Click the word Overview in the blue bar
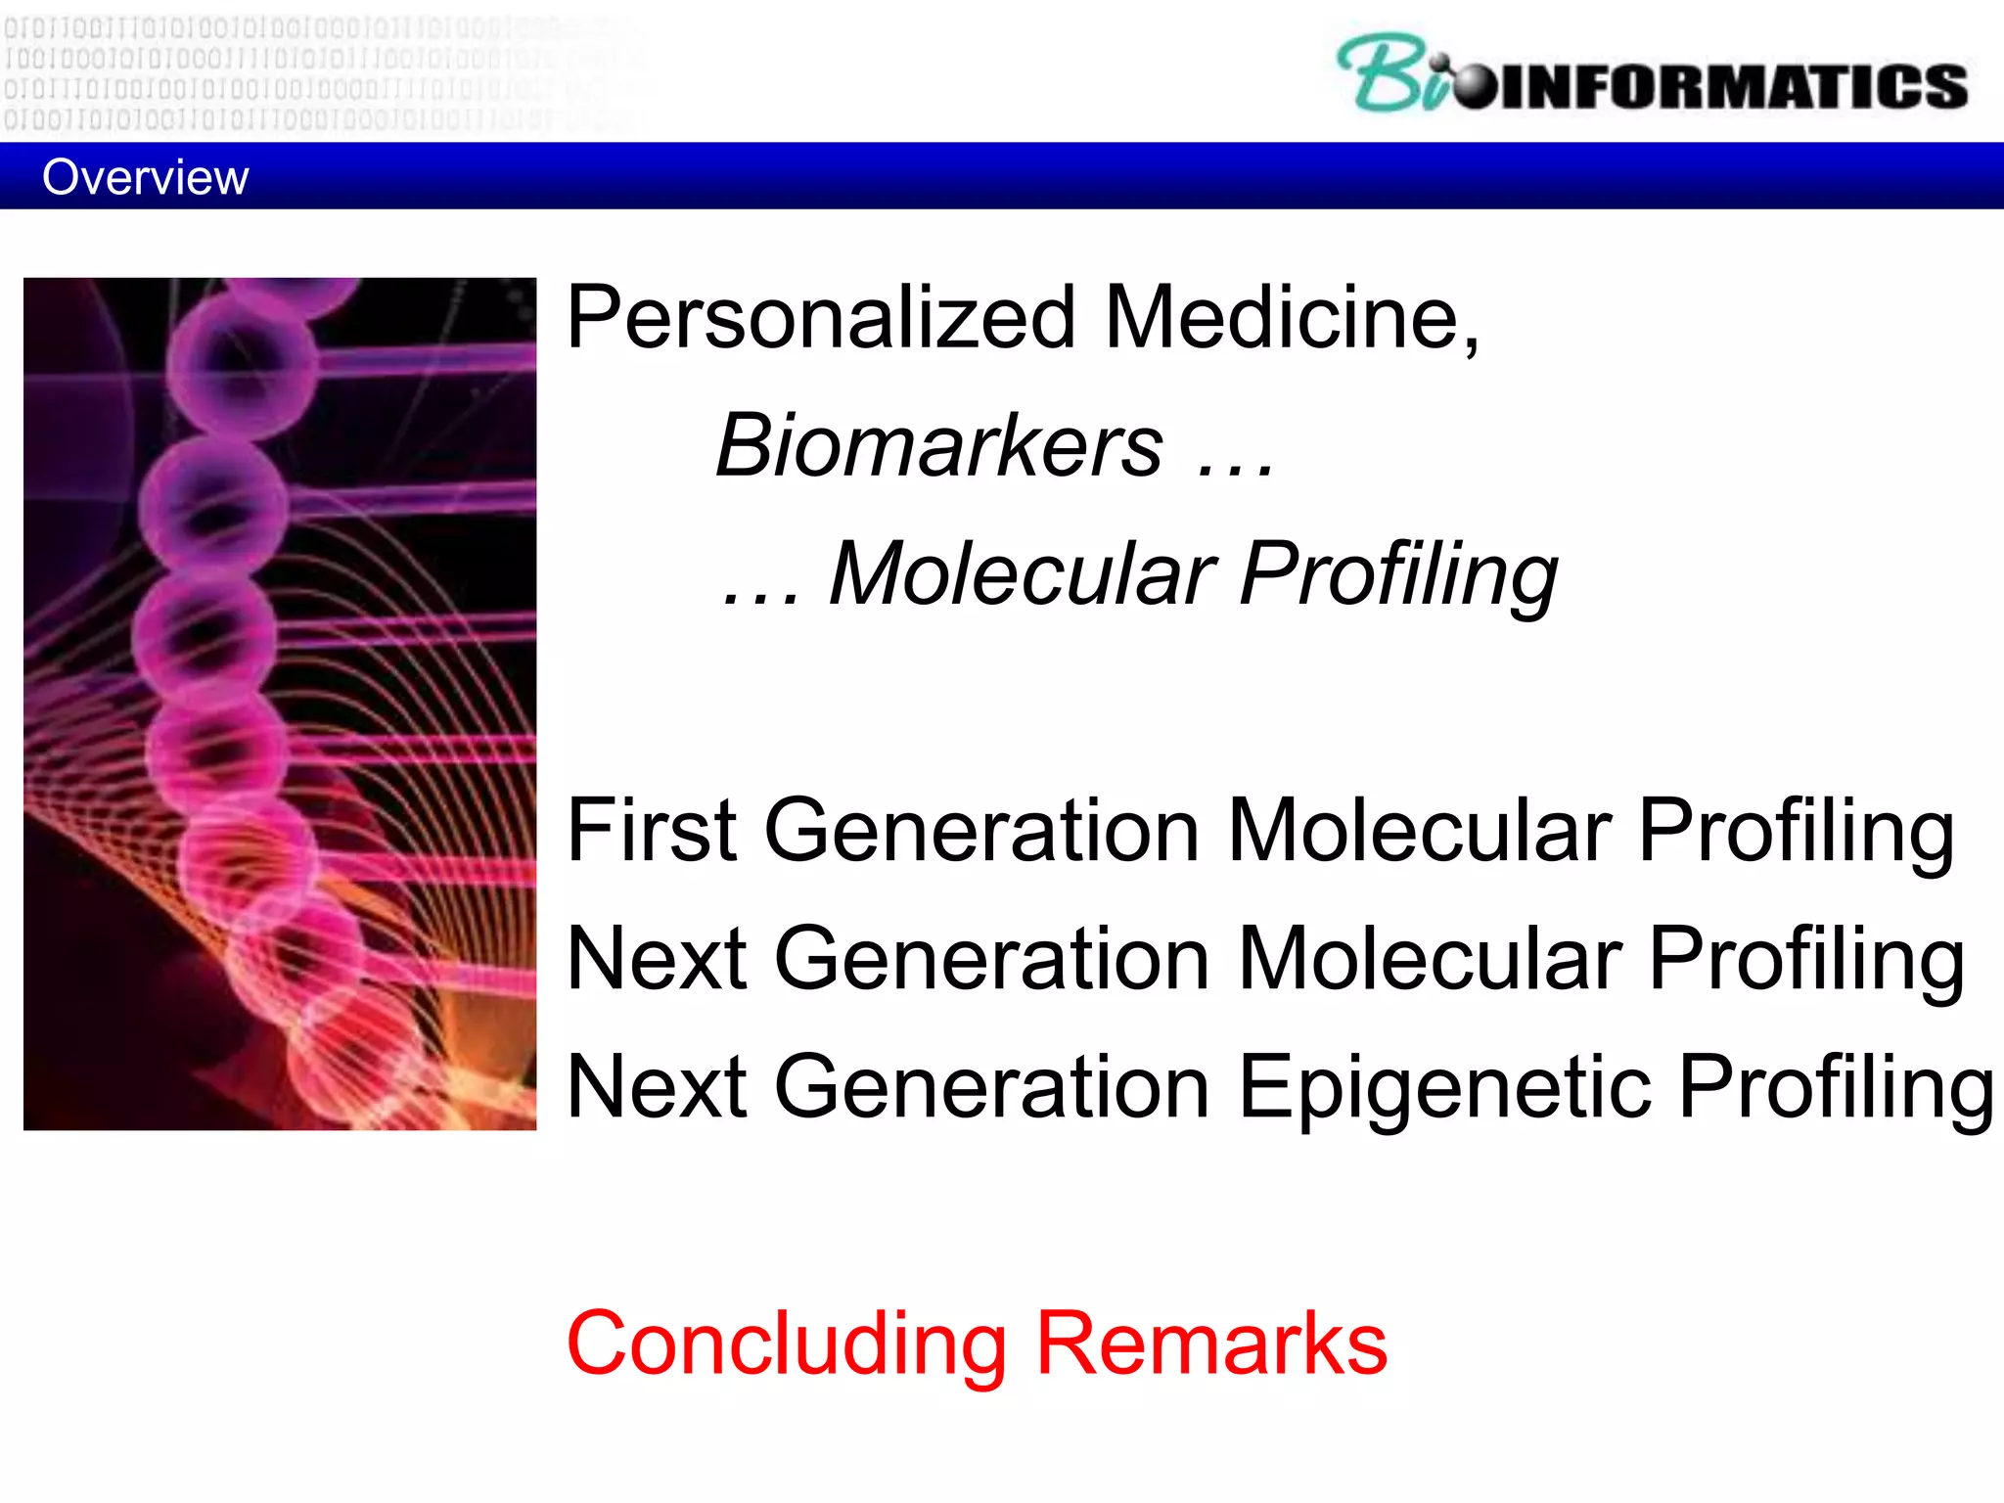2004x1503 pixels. pyautogui.click(x=145, y=178)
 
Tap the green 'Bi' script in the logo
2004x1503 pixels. pyautogui.click(x=1389, y=73)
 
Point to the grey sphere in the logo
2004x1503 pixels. pyautogui.click(x=1474, y=86)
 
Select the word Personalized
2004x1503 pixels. pyautogui.click(x=821, y=318)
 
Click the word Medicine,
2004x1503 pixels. pyautogui.click(x=1293, y=318)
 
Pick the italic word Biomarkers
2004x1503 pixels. pyautogui.click(x=939, y=446)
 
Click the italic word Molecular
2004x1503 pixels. pyautogui.click(x=1022, y=574)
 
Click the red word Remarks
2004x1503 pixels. pyautogui.click(x=1211, y=1344)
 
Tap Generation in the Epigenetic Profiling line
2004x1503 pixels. pyautogui.click(x=992, y=1088)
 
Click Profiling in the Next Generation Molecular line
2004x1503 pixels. pyautogui.click(x=1806, y=961)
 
